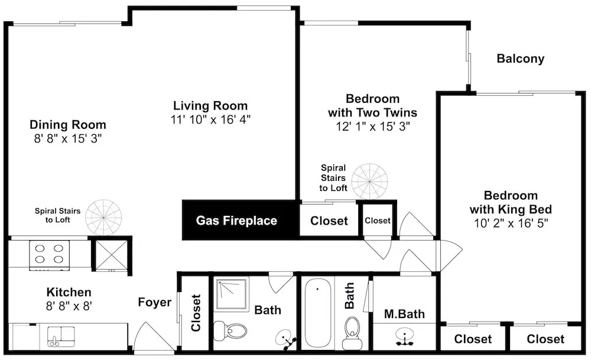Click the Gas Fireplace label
coord(236,220)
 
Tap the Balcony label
coord(521,59)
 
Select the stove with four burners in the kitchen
coord(50,255)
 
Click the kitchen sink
coord(61,336)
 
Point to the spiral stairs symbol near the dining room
coord(103,218)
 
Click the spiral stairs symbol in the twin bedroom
coord(370,181)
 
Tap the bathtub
coord(317,313)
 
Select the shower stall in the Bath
coord(232,294)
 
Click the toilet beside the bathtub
coord(352,333)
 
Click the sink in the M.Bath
coord(405,336)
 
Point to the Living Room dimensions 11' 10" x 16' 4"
coord(210,119)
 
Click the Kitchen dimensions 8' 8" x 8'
coord(69,306)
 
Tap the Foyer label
coord(154,302)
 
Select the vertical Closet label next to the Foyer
coord(196,313)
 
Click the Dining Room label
coord(68,125)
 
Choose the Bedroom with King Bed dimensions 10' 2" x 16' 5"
coord(511,223)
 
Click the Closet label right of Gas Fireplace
coord(329,220)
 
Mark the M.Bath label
coord(404,314)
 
